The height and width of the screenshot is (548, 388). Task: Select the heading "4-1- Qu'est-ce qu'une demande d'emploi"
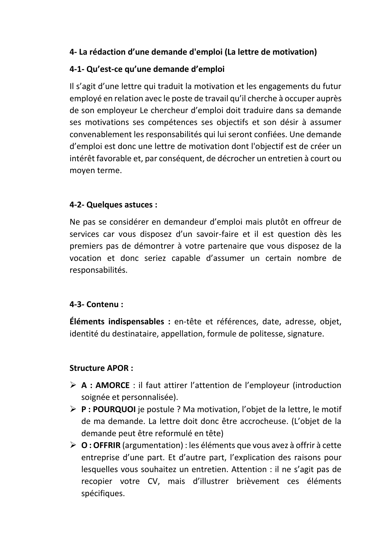pos(147,69)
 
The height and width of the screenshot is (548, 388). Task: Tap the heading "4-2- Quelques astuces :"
pos(113,205)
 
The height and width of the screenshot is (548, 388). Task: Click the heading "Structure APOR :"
pos(101,368)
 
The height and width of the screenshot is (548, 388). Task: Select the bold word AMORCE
pos(112,385)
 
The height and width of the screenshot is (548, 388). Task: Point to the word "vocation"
pos(85,258)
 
